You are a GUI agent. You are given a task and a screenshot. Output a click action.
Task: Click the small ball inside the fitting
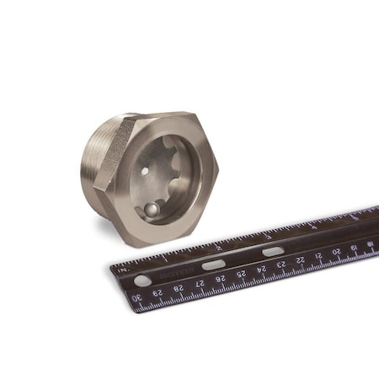pyautogui.click(x=152, y=209)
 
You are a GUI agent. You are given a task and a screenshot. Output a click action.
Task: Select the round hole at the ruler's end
pyautogui.click(x=141, y=280)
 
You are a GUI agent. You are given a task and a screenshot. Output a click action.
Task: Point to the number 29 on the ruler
pyautogui.click(x=157, y=293)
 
